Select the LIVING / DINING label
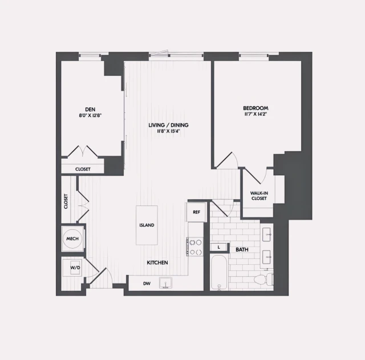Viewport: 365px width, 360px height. click(x=168, y=125)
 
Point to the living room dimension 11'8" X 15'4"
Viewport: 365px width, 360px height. click(x=168, y=131)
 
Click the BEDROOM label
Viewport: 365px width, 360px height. click(x=255, y=108)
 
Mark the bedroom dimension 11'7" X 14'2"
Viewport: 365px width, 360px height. click(x=255, y=114)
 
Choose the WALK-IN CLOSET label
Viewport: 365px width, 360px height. click(x=259, y=196)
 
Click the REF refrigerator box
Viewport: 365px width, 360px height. click(x=196, y=212)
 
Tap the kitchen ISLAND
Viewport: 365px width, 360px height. click(x=147, y=225)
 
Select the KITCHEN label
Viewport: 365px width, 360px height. click(x=157, y=262)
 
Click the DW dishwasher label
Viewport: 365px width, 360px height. click(x=147, y=283)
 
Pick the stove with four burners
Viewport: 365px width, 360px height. click(x=196, y=246)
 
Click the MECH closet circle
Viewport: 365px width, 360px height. click(x=72, y=239)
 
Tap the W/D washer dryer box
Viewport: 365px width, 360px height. click(x=74, y=267)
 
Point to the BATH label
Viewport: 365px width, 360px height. click(x=242, y=249)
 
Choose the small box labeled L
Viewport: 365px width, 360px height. click(x=219, y=246)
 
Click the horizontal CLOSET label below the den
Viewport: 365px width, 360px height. click(x=83, y=169)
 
